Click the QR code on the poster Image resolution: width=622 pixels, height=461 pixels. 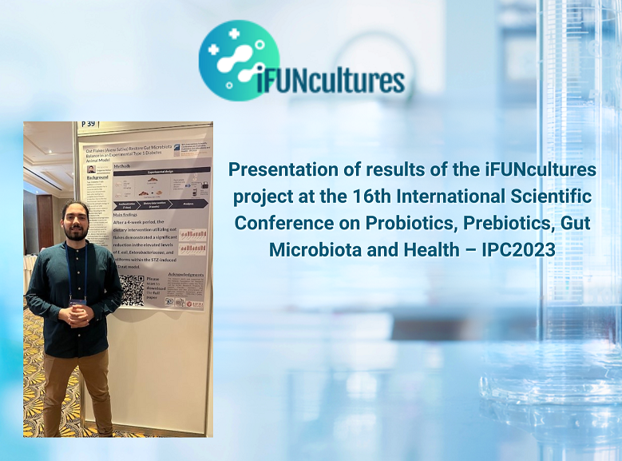tap(133, 289)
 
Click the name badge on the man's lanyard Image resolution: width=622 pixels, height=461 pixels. tap(77, 301)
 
